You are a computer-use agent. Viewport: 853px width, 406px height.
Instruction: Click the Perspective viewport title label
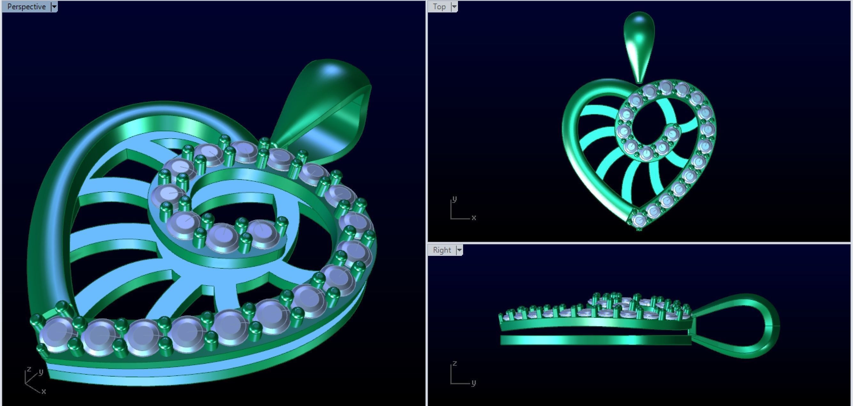coord(26,7)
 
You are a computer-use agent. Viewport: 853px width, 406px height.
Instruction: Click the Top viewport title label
coord(439,7)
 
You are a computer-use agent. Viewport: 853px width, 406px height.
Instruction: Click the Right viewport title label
coord(442,250)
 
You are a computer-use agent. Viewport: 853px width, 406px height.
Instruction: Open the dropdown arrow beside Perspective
coord(54,7)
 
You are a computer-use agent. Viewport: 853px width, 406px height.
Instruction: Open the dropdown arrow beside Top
coord(454,7)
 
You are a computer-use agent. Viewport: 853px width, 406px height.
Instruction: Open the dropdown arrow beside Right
coord(459,250)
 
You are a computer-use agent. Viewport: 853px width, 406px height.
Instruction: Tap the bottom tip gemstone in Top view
coord(639,220)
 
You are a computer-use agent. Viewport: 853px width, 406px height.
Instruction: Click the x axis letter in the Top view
coord(474,218)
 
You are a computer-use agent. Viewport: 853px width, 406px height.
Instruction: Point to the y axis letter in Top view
coord(454,199)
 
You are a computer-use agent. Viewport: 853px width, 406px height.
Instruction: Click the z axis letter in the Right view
coord(454,363)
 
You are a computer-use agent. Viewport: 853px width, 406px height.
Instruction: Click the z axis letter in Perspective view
coord(29,369)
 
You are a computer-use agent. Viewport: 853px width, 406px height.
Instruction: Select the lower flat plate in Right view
coord(596,340)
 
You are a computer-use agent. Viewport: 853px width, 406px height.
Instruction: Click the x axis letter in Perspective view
coord(43,391)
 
